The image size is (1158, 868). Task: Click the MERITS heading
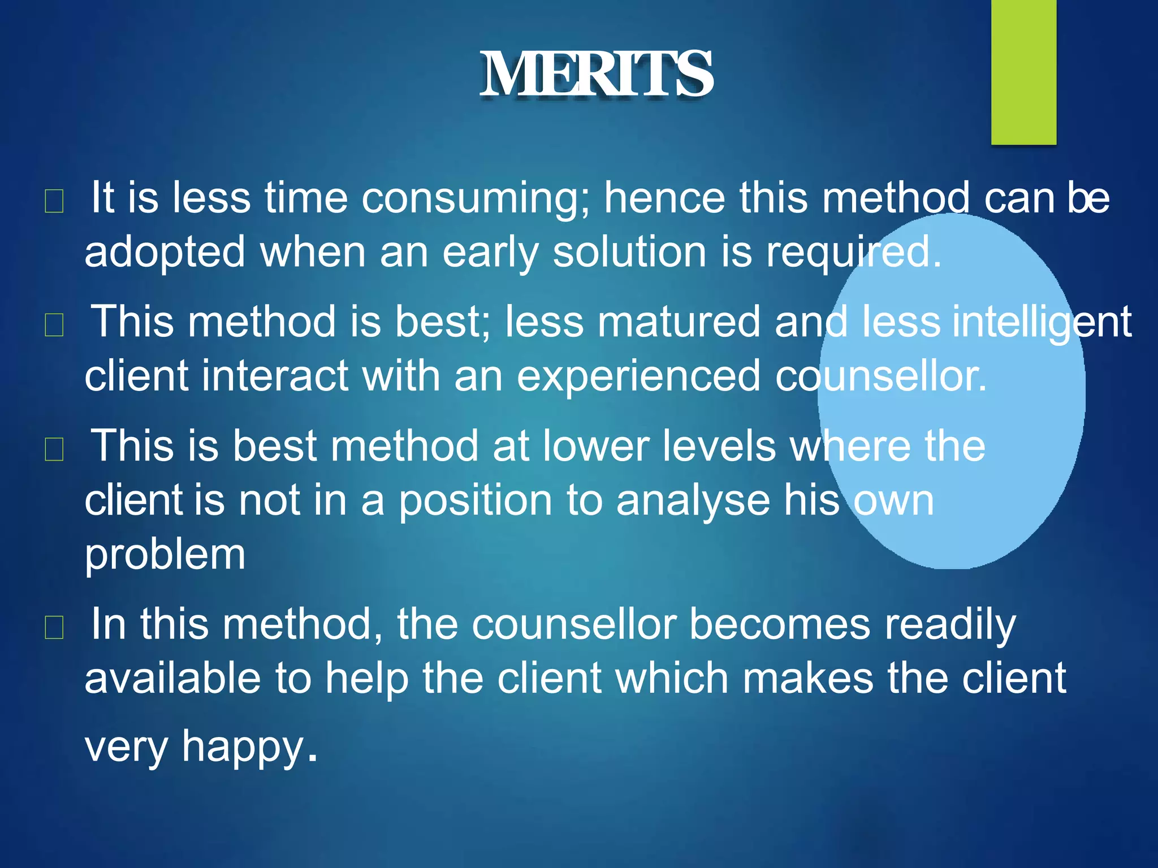pos(597,74)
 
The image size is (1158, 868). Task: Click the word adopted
pos(165,253)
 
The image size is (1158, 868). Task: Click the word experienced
pos(638,377)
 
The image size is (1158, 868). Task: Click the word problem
pos(165,555)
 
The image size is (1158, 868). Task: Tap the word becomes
pos(780,624)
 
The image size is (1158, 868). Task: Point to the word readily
pos(950,626)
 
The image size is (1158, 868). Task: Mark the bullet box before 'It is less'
pos(54,202)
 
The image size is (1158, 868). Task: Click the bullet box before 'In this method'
pos(54,628)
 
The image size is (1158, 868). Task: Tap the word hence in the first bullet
pos(664,199)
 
